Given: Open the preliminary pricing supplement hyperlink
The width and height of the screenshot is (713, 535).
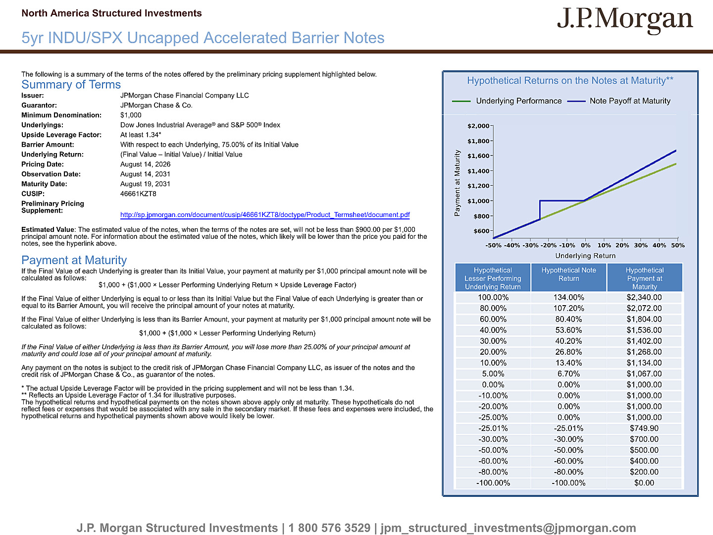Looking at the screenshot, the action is coord(265,214).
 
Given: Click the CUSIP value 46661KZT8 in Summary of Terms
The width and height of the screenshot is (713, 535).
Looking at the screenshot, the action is coord(138,194).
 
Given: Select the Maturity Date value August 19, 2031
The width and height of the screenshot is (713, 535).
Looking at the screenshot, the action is coord(145,184).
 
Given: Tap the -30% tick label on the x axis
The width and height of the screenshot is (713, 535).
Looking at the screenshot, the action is coord(530,245).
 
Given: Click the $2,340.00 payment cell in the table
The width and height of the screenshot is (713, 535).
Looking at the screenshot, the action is coord(644,298).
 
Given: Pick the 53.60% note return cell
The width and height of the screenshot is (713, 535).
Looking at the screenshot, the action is coord(568,330).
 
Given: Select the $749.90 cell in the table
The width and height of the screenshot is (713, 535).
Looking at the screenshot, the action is coord(644,428).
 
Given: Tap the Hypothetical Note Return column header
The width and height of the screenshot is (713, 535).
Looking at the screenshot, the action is coord(568,274).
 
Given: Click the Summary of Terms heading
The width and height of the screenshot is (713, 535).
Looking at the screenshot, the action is coord(71,84).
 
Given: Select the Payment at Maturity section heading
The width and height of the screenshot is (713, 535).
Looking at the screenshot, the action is coord(74,260).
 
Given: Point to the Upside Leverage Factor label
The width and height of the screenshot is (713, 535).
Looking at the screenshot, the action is coord(61,135).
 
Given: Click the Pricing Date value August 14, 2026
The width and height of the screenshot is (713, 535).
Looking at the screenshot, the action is coord(145,164).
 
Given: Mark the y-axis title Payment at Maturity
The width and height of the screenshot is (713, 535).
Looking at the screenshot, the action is coord(458,183).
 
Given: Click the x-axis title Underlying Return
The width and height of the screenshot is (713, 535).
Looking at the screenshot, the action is coord(585,256).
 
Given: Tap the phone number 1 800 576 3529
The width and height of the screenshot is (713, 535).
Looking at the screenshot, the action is coord(329,528).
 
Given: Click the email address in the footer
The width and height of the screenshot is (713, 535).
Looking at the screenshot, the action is coord(508,528).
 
